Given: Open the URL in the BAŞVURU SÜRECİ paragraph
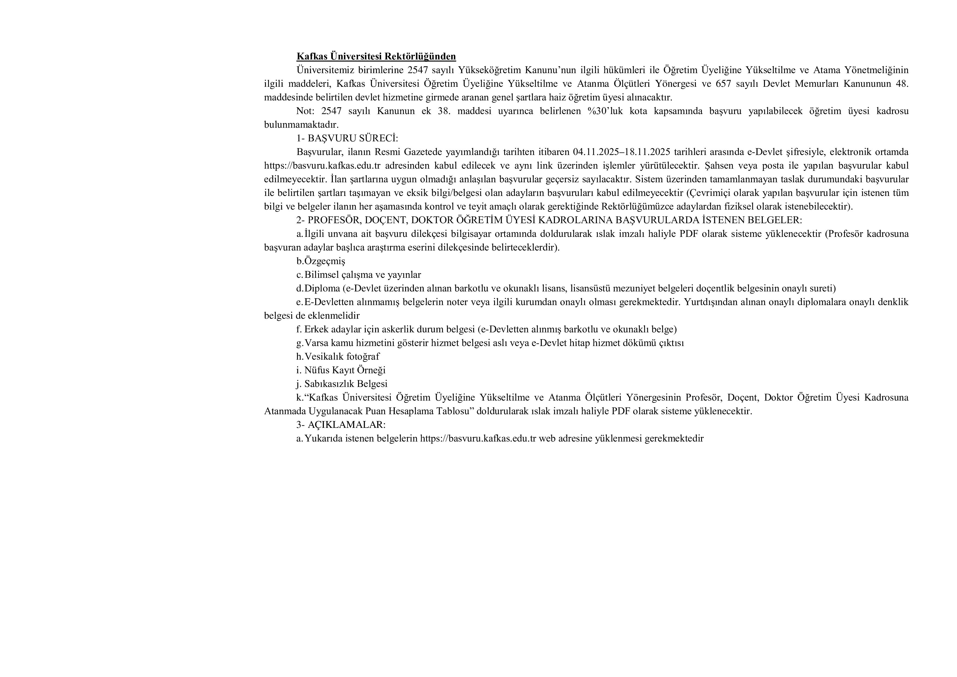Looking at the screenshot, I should click(322, 166).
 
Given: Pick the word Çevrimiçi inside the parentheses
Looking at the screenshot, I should click(708, 193).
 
